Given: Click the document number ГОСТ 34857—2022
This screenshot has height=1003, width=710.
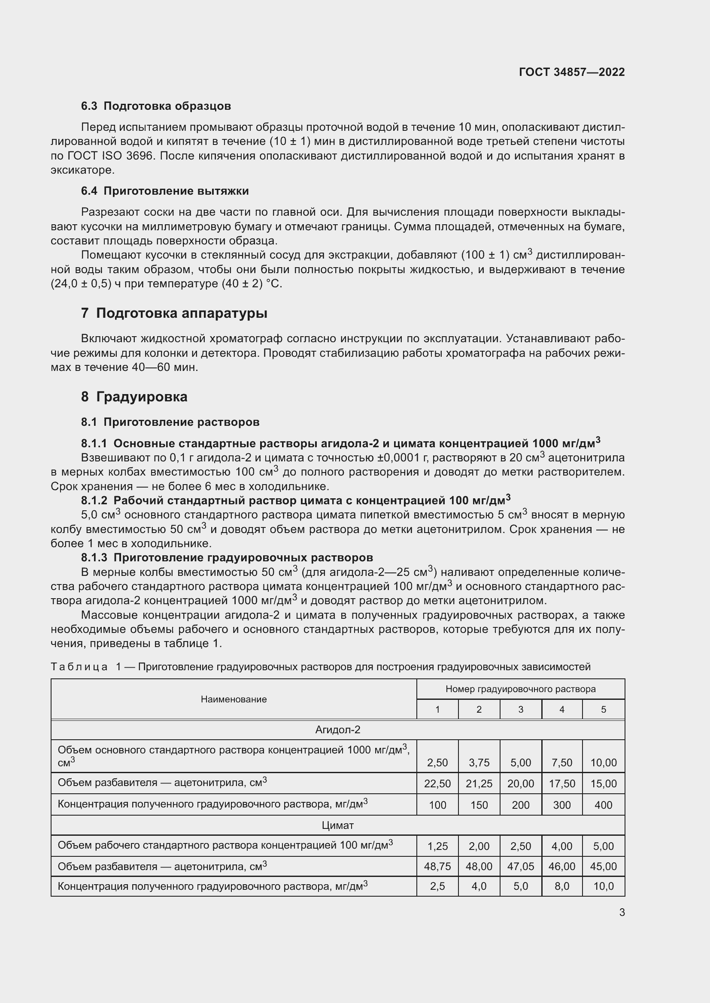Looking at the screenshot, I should pyautogui.click(x=571, y=72).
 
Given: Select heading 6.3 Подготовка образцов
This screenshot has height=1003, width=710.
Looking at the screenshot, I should pyautogui.click(x=156, y=106).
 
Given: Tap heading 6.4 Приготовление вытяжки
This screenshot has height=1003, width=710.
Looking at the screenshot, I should pyautogui.click(x=165, y=191).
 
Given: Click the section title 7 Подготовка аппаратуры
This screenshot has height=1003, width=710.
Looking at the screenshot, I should pyautogui.click(x=174, y=313).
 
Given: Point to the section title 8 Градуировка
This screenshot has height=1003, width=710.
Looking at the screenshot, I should pyautogui.click(x=134, y=397).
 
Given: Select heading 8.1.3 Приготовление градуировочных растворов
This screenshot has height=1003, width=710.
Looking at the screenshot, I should pyautogui.click(x=227, y=557).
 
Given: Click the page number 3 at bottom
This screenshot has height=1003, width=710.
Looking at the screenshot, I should pyautogui.click(x=622, y=912).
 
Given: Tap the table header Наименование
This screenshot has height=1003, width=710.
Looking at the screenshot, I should pyautogui.click(x=234, y=699).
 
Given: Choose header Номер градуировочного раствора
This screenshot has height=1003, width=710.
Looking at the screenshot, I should pyautogui.click(x=520, y=689).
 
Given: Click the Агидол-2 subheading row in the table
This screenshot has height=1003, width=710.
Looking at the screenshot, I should pyautogui.click(x=337, y=729).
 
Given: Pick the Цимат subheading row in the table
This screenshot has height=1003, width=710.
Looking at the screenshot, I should pyautogui.click(x=337, y=825).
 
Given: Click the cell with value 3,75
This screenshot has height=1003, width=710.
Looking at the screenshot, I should pyautogui.click(x=479, y=762).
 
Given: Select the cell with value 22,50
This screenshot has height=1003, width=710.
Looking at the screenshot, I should pyautogui.click(x=437, y=784).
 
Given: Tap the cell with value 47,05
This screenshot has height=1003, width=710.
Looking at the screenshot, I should pyautogui.click(x=520, y=866).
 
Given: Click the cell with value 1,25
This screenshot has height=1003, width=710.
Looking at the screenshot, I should pyautogui.click(x=437, y=846).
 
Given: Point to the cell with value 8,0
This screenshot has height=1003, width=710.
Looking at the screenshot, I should pyautogui.click(x=562, y=886).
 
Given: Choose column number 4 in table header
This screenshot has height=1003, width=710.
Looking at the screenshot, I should pyautogui.click(x=562, y=709).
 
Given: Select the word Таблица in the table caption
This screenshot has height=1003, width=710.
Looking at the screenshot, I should pyautogui.click(x=79, y=667).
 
